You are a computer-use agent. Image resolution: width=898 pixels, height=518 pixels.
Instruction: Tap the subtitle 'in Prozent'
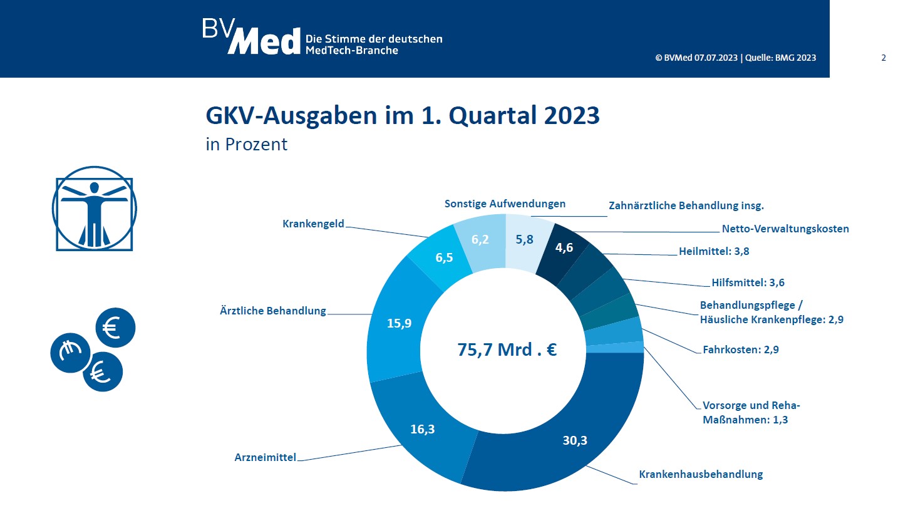[246, 144]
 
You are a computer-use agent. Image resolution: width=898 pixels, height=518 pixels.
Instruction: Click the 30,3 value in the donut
[574, 440]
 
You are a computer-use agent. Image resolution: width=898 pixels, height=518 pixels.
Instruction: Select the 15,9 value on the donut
[399, 323]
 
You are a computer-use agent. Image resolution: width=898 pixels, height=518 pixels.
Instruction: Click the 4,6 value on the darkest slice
[564, 247]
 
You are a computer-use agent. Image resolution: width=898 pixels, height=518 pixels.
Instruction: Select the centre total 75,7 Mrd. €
[507, 350]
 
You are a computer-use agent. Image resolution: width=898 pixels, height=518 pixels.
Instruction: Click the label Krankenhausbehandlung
[701, 474]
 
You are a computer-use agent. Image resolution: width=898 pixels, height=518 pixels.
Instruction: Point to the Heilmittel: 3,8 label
[714, 252]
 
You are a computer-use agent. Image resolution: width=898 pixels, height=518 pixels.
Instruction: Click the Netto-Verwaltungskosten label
[781, 229]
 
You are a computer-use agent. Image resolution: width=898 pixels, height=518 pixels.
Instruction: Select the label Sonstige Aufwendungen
[505, 204]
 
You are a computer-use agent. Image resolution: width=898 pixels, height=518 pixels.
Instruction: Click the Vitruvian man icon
[93, 209]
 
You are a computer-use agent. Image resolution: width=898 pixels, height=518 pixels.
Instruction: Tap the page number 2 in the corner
[884, 58]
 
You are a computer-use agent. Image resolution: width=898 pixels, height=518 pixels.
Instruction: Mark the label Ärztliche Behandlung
[272, 311]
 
